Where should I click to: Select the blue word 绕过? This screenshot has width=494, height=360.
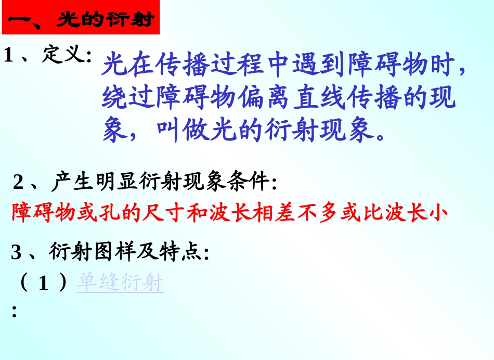(128, 98)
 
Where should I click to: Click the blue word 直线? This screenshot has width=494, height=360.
(321, 98)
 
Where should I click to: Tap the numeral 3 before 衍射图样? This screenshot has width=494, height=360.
(17, 253)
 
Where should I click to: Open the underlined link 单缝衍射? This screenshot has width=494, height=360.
(120, 284)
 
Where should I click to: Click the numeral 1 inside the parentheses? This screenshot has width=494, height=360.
(44, 284)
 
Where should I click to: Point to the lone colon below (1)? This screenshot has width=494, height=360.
(14, 312)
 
